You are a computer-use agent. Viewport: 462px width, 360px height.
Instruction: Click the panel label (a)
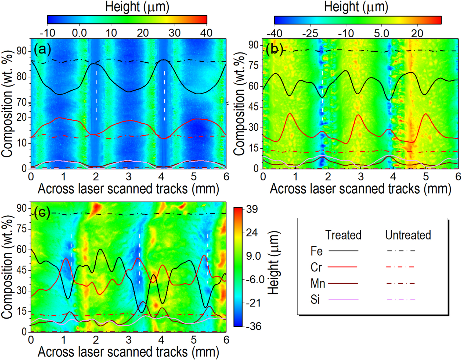42,49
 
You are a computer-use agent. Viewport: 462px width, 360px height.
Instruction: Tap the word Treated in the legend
343,235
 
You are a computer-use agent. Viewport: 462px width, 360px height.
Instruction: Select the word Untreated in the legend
408,235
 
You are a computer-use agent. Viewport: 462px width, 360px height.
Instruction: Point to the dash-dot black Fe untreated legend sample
401,251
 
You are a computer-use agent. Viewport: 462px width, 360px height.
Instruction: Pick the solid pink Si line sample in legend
343,299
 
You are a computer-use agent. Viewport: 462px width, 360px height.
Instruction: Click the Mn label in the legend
317,283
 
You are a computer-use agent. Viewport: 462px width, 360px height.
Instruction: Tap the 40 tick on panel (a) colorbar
206,33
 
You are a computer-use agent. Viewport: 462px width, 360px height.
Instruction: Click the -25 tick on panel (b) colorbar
310,34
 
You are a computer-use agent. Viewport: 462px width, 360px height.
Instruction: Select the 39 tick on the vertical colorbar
252,209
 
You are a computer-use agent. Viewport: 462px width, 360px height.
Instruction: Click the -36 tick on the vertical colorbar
253,326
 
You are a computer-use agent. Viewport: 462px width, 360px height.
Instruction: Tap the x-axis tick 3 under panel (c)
129,340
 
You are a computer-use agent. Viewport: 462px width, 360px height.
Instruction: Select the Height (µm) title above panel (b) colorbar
356,7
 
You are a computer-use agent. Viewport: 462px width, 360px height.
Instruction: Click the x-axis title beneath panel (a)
128,189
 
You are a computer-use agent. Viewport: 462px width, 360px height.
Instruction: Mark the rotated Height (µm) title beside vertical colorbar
274,263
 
